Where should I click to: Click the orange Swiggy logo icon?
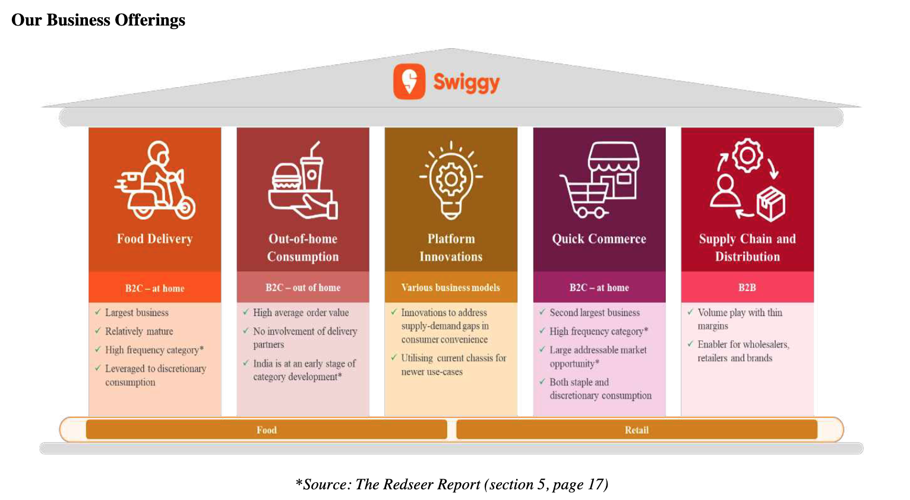tap(409, 81)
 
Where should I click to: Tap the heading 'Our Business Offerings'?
tap(99, 20)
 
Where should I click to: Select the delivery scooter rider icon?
tap(155, 180)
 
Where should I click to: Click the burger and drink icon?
tap(303, 181)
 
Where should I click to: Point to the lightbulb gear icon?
tap(451, 181)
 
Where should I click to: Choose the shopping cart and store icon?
tap(599, 179)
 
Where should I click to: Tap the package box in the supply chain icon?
tap(770, 204)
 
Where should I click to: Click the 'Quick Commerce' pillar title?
tap(599, 239)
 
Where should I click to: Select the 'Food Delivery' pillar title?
tap(155, 239)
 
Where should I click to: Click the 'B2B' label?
tap(747, 287)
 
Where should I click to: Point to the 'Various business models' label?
tap(450, 287)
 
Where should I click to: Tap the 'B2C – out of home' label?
tap(303, 287)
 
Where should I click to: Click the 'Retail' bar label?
tap(637, 430)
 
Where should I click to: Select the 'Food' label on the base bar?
tap(267, 430)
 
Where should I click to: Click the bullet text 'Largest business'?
tap(137, 313)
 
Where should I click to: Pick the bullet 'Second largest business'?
tap(595, 313)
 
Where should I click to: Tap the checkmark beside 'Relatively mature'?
tap(97, 331)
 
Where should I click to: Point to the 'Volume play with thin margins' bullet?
tap(740, 319)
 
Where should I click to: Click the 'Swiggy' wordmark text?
tap(466, 83)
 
